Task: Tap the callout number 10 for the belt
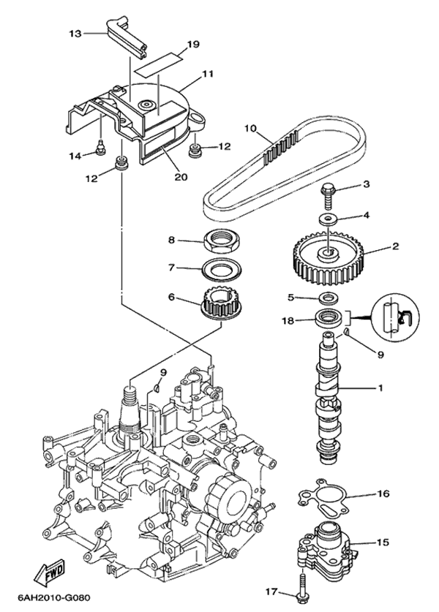click(249, 129)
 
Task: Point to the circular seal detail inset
click(396, 317)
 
